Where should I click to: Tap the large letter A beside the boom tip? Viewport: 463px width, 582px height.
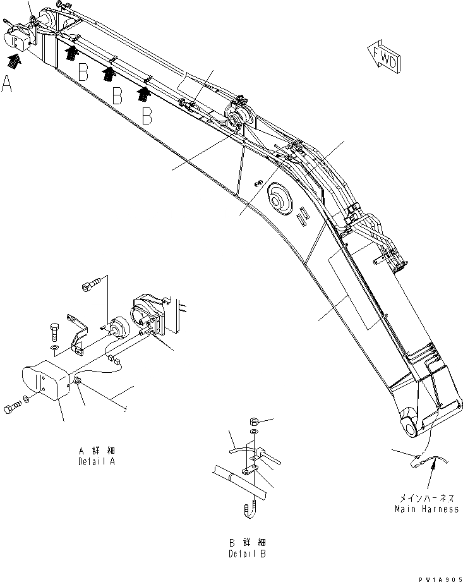[8, 84]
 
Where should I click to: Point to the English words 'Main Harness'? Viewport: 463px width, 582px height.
[426, 509]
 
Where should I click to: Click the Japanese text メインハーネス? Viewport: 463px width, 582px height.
[426, 498]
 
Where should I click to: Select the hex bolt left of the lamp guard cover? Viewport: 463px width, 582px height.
[13, 409]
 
